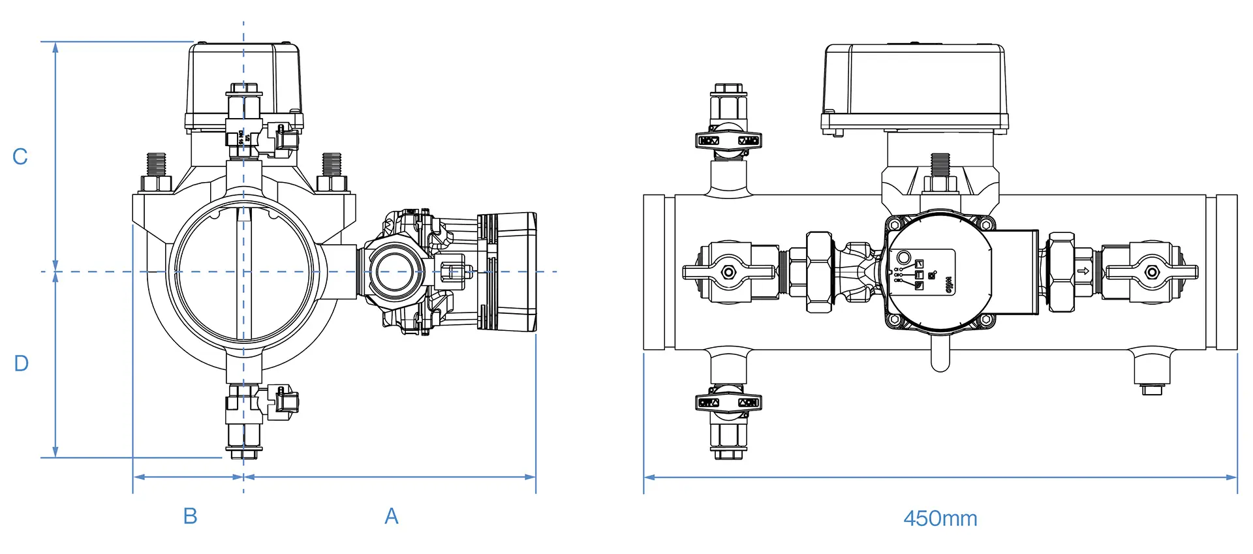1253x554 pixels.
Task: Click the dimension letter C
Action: (20, 157)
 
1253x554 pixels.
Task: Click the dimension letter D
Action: (21, 363)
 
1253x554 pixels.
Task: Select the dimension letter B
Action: (190, 516)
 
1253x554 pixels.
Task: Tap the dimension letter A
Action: (391, 516)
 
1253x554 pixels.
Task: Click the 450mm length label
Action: (940, 519)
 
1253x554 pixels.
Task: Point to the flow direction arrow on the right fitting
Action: (1083, 271)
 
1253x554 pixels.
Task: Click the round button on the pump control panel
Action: (904, 257)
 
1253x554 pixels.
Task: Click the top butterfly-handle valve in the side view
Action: (728, 140)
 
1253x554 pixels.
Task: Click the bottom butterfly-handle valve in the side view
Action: (728, 402)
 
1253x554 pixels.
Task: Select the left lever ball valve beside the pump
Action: (728, 272)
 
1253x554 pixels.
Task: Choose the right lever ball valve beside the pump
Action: (1152, 272)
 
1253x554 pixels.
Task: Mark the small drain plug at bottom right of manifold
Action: (1152, 390)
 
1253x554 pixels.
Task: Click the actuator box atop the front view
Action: (244, 85)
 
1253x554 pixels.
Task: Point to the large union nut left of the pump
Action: (819, 272)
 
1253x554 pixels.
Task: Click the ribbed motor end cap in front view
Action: (507, 271)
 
